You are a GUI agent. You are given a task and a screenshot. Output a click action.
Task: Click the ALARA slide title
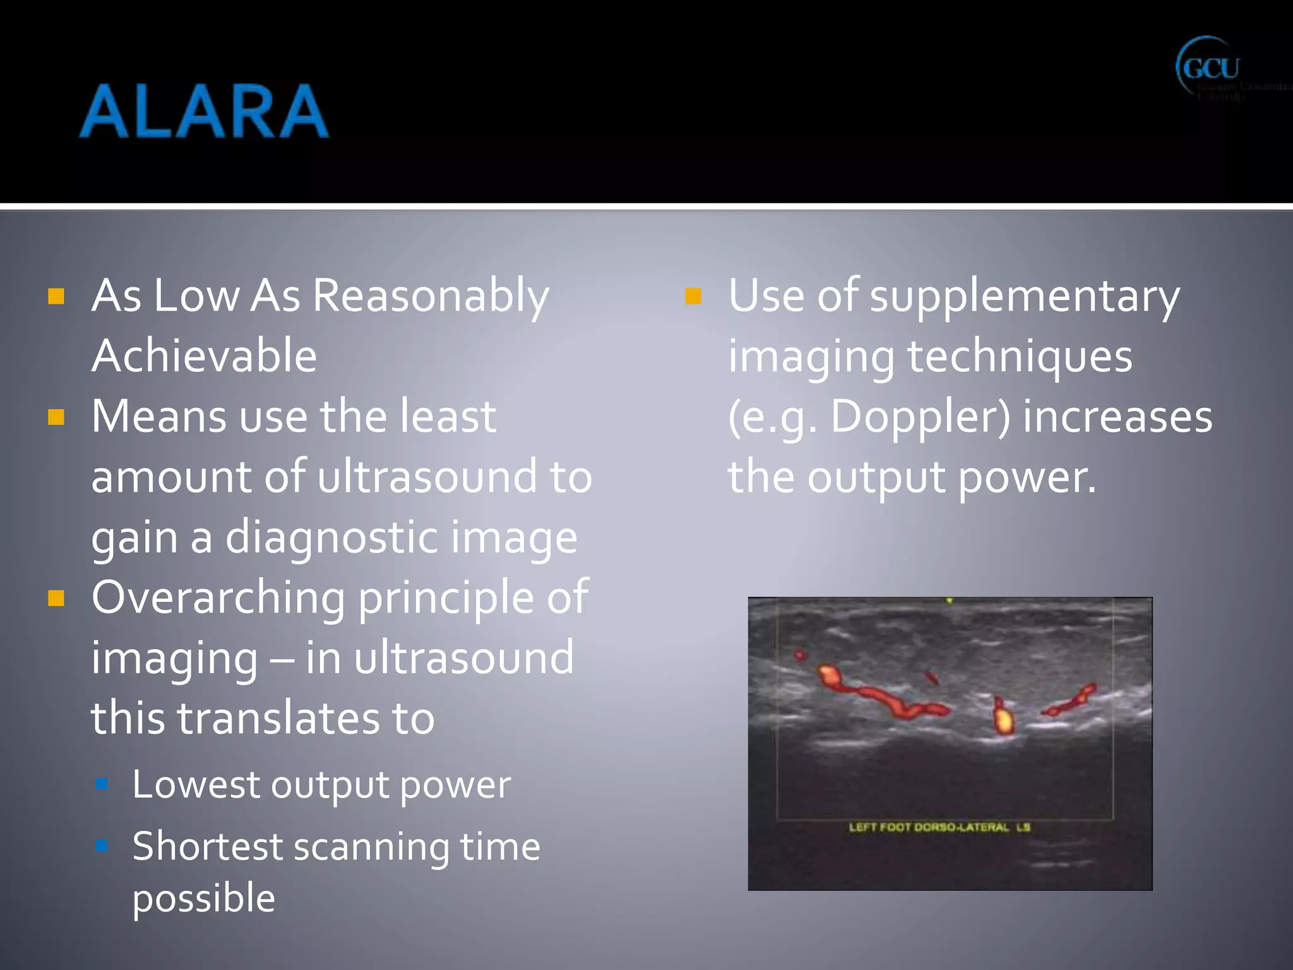203,111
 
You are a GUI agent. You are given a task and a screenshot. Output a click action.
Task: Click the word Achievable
204,356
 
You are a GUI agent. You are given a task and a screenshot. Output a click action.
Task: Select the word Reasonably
431,296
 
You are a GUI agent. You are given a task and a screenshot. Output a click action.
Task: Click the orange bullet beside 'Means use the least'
56,417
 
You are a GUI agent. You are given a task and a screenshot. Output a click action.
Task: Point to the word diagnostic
331,537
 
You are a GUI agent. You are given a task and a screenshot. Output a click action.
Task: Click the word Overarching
218,597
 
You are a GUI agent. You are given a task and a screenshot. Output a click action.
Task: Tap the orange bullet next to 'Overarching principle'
56,598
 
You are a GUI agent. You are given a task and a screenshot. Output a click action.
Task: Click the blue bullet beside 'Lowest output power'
102,784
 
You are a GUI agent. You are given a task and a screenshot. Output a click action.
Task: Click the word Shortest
208,846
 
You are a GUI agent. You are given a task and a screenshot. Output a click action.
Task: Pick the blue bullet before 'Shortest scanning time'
102,845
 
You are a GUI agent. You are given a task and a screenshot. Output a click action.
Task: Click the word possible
203,898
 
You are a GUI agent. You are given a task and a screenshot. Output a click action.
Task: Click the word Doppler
920,417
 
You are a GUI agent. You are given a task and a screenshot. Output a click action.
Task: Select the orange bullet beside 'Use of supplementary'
693,296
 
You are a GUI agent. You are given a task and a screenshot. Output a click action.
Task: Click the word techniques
1020,356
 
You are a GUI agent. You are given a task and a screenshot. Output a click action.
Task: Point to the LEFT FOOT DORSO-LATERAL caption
939,827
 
